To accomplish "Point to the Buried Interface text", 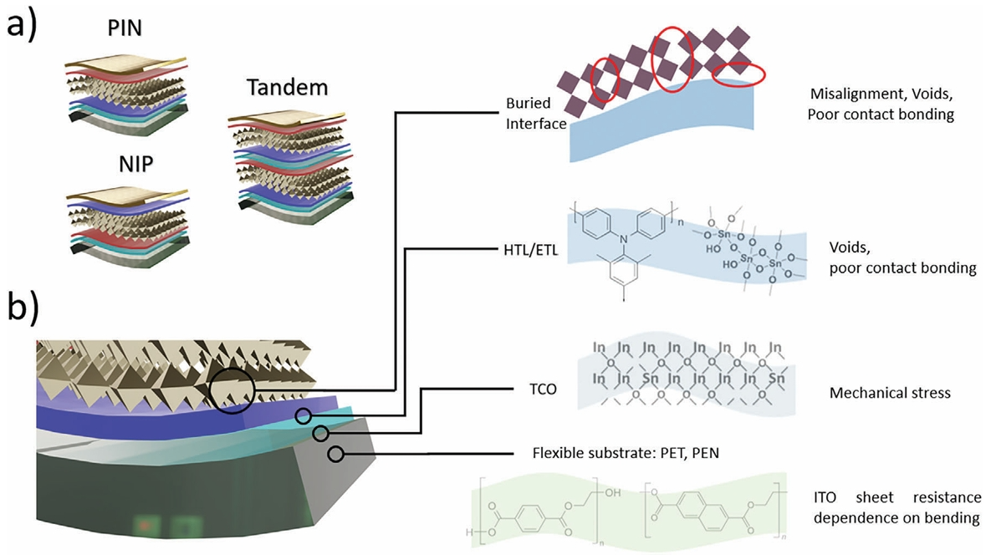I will (535, 113).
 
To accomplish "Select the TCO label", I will (536, 390).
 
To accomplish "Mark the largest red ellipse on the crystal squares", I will (675, 58).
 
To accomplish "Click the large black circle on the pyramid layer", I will (231, 390).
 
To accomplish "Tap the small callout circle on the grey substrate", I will (336, 455).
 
